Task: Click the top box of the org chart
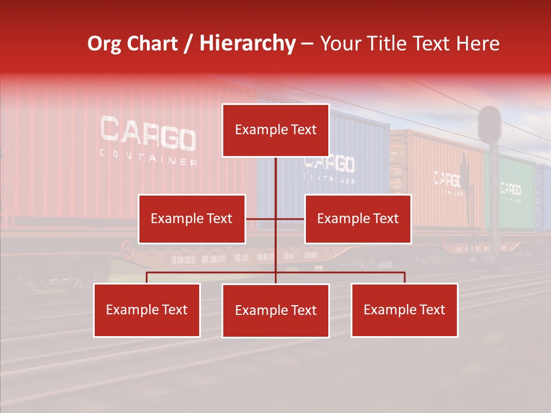click(x=275, y=130)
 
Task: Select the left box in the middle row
click(x=192, y=219)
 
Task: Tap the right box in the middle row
click(x=358, y=219)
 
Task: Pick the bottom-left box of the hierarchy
click(x=147, y=310)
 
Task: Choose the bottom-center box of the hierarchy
click(x=275, y=310)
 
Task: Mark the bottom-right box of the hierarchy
click(x=404, y=310)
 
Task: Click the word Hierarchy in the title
click(x=247, y=44)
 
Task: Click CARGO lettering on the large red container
click(x=148, y=133)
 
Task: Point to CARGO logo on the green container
click(x=510, y=189)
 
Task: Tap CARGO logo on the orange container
click(x=447, y=180)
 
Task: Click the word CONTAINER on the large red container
click(x=148, y=157)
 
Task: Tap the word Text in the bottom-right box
click(x=432, y=310)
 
